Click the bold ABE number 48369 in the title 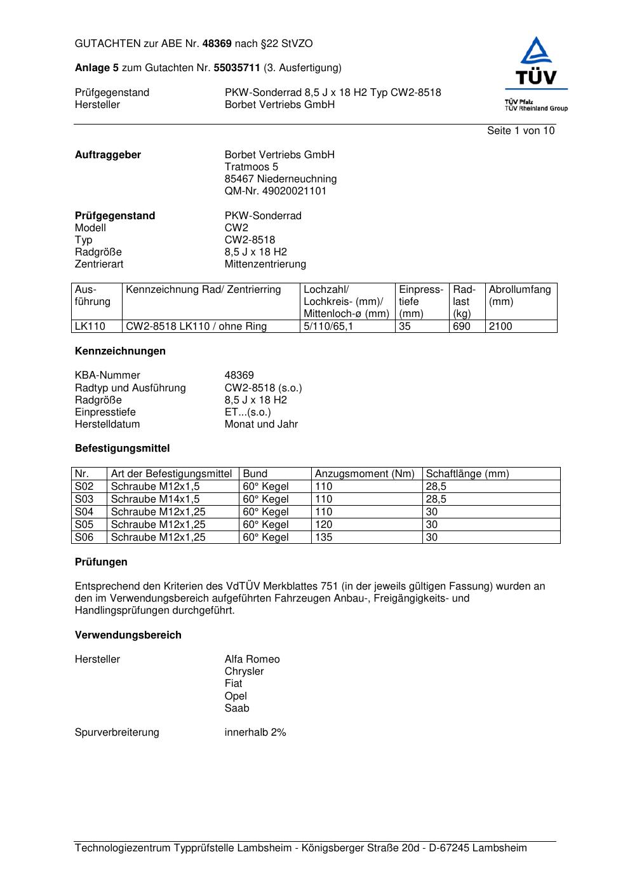[217, 44]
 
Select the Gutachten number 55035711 [236, 67]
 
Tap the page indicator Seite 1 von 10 [520, 131]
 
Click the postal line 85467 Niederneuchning [280, 179]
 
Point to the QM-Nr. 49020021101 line [275, 191]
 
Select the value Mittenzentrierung [265, 264]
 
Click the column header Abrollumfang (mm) [519, 295]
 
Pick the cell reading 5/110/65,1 [328, 327]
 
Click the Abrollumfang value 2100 [500, 327]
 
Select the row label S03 [84, 499]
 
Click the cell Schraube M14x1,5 [155, 499]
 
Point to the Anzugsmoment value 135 [323, 537]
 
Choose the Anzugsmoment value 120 [323, 525]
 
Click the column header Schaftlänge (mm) [467, 474]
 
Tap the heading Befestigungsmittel [122, 449]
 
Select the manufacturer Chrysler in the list [244, 672]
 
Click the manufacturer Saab [236, 708]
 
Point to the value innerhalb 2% [255, 733]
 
